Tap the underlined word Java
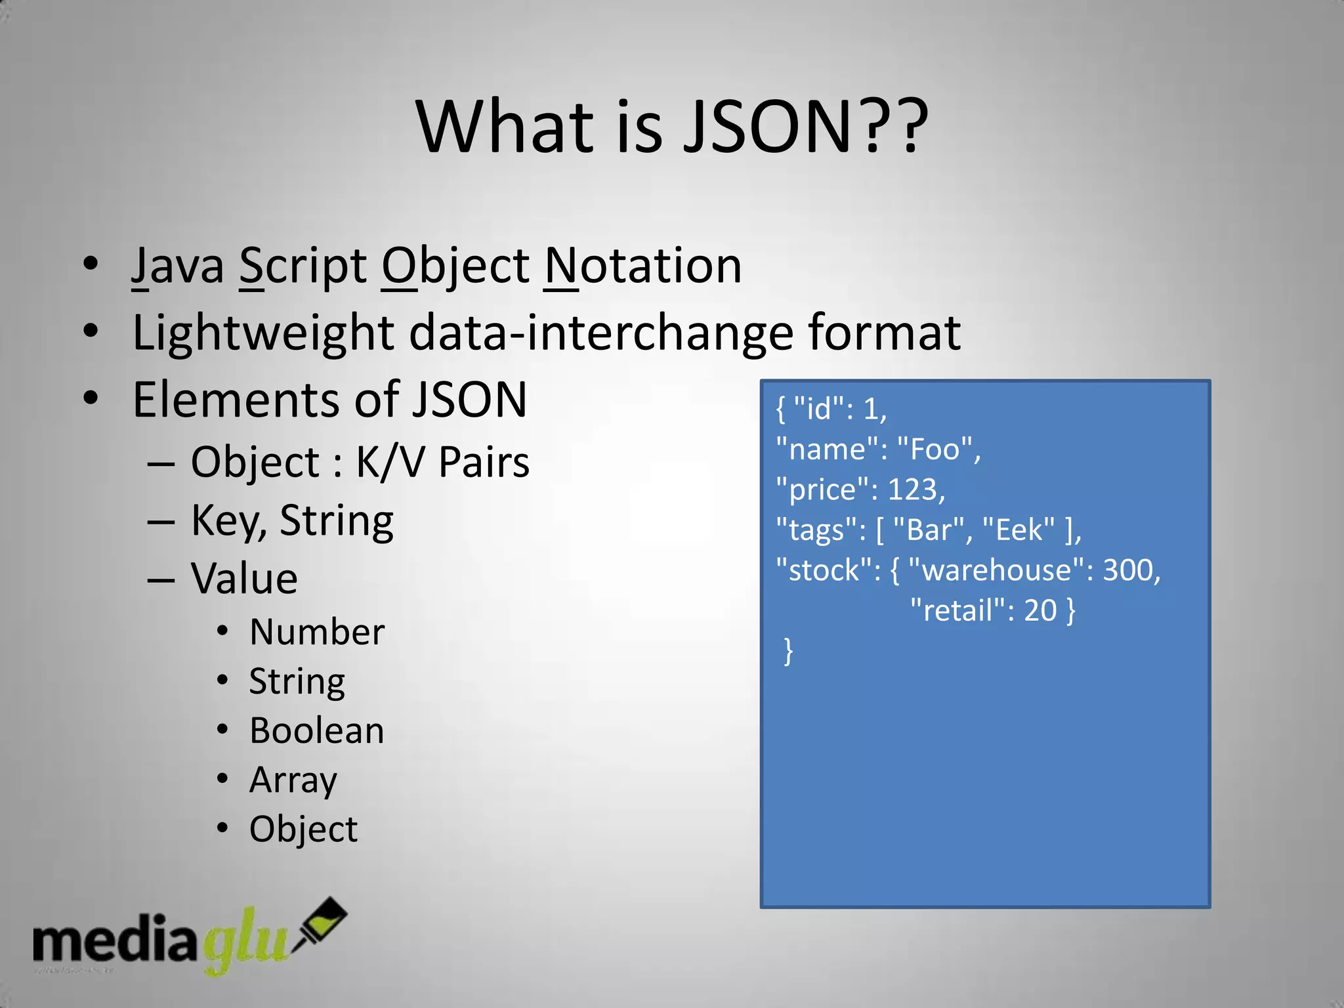tap(178, 266)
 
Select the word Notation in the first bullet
tap(643, 266)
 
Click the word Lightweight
tap(262, 333)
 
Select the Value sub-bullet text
tap(244, 579)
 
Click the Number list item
tap(317, 632)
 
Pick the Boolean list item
tap(317, 731)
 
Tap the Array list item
tap(293, 780)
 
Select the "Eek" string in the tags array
tap(1018, 530)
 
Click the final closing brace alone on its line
tap(788, 651)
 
